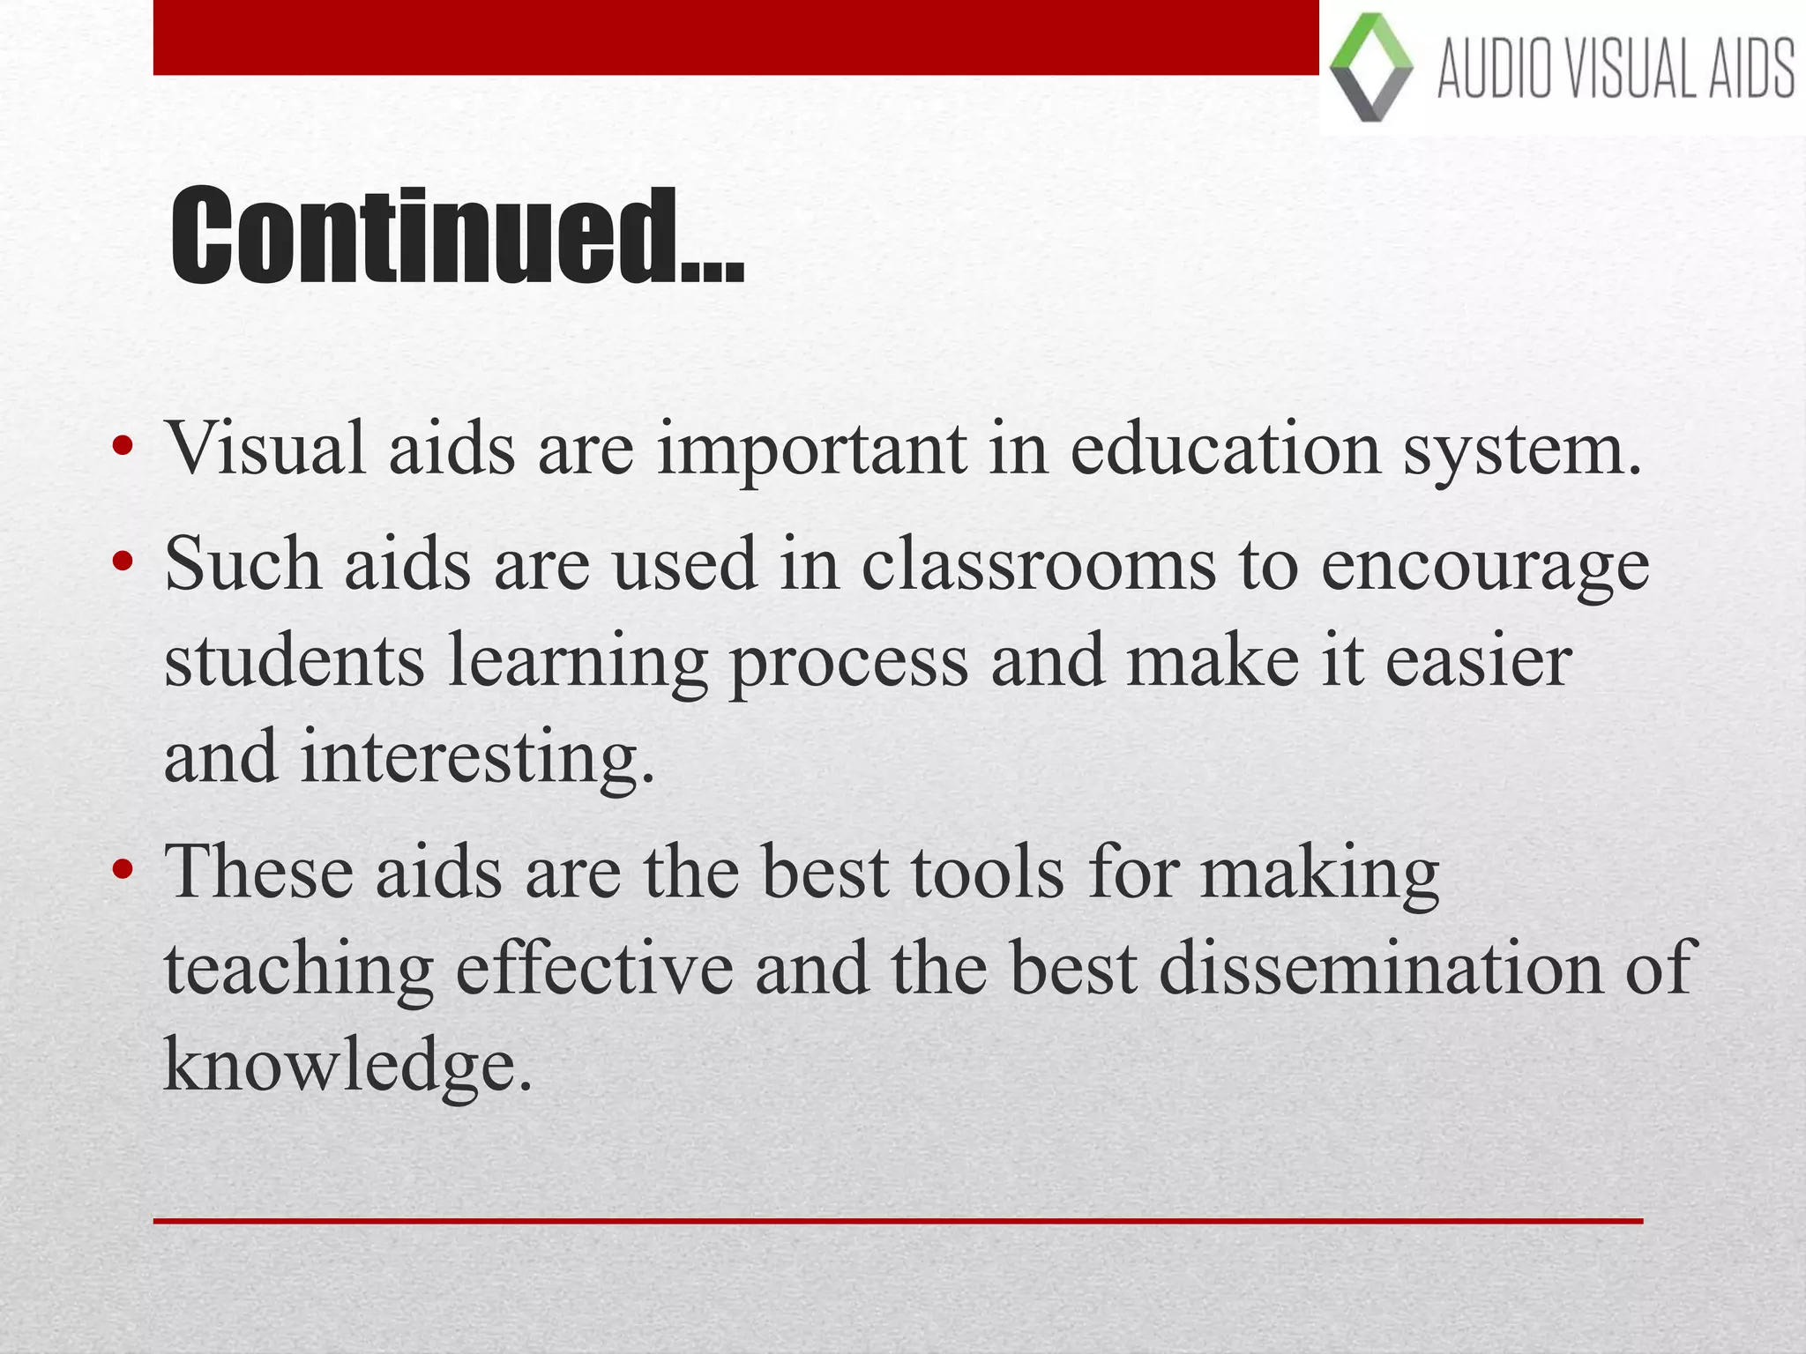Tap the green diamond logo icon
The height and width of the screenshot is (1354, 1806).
coord(1370,67)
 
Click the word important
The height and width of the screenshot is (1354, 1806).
coord(811,450)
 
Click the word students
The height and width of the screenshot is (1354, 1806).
coord(295,661)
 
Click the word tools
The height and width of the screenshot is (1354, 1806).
coord(987,873)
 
